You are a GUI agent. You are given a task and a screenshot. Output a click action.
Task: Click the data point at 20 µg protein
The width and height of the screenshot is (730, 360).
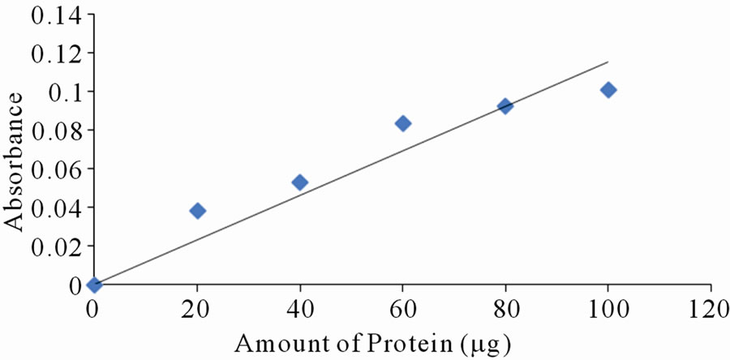click(x=197, y=211)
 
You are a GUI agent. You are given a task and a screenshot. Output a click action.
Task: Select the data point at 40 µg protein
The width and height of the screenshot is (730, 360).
click(x=299, y=182)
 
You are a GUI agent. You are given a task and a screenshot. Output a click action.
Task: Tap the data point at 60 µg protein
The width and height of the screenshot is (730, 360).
click(x=402, y=123)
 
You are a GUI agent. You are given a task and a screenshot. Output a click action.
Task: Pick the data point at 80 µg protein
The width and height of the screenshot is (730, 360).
click(x=505, y=106)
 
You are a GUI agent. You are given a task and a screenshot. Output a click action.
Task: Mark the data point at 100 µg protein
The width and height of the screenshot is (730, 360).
click(x=608, y=89)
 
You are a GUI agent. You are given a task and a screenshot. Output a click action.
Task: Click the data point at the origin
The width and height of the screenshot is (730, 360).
click(x=94, y=285)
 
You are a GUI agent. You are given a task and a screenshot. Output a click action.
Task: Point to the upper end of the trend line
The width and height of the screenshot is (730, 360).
click(x=608, y=62)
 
